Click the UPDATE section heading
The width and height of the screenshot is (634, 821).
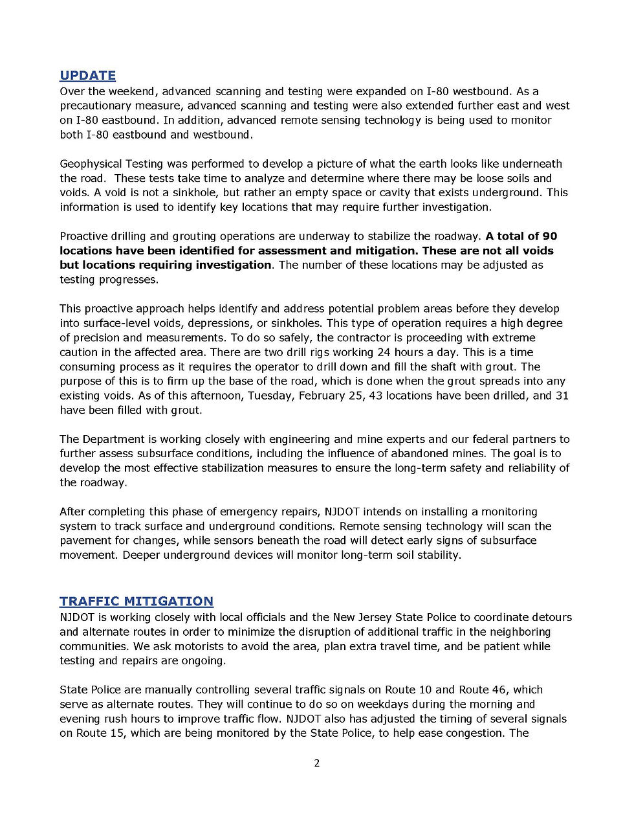pyautogui.click(x=87, y=76)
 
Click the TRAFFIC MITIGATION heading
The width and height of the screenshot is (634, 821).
pyautogui.click(x=136, y=602)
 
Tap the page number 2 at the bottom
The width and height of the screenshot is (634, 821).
pyautogui.click(x=317, y=763)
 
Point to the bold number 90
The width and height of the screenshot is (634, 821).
pyautogui.click(x=549, y=236)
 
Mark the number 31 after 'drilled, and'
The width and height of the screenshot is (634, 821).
pyautogui.click(x=562, y=396)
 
